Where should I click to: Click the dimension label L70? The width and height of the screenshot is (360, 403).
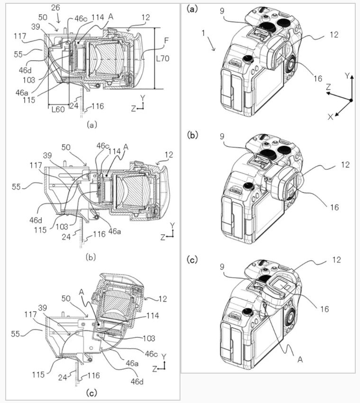pos(163,59)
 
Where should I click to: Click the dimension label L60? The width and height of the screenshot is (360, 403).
pos(58,110)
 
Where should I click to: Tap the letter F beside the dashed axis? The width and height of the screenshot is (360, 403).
pos(166,41)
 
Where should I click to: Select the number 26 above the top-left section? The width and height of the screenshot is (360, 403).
pos(55,8)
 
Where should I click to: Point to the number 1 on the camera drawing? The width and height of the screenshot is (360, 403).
pos(203,33)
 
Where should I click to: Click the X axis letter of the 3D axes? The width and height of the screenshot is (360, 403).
pos(330,117)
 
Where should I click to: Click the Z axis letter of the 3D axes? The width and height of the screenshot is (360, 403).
pos(328,87)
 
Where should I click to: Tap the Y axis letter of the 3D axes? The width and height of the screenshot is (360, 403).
pos(347,76)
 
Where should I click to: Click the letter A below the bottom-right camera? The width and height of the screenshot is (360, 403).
pos(300,359)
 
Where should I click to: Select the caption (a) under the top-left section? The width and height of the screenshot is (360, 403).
pos(92,125)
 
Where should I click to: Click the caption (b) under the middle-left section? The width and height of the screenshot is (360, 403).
pos(91,257)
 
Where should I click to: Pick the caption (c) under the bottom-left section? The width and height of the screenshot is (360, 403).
pos(92,393)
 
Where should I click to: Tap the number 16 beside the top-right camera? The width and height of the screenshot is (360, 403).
pos(318,78)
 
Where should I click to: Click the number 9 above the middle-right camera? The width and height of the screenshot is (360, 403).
pos(222,137)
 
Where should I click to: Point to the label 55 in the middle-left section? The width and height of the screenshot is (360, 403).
pos(16,187)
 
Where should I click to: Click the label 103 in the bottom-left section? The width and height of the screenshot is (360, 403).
pos(149,338)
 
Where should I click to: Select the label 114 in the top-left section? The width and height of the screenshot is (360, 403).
pos(98,18)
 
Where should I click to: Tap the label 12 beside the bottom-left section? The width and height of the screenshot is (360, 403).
pos(163,299)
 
